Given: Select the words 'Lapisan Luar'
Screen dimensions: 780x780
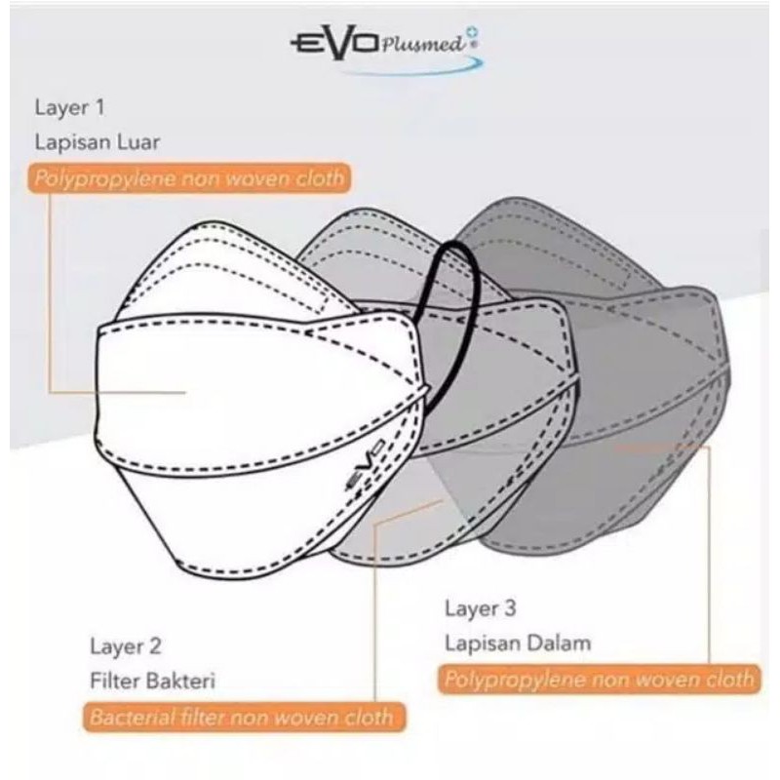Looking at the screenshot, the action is tap(97, 142).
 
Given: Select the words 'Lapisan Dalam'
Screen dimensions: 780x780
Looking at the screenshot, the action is tap(518, 643).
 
